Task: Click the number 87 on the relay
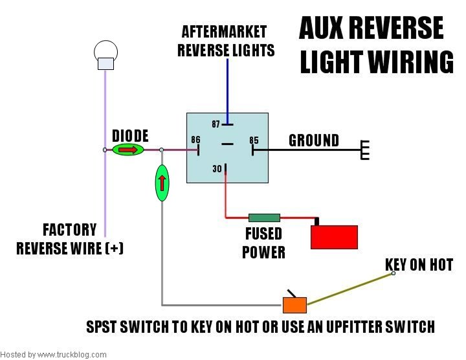coord(217,123)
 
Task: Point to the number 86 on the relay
coord(195,140)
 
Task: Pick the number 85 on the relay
coord(254,140)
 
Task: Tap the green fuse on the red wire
coord(263,218)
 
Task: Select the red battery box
coord(334,236)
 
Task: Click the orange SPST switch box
coord(294,303)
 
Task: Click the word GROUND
coord(314,141)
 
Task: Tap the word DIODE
coord(130,136)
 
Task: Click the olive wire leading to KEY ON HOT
coord(349,288)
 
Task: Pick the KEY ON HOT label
coord(419,265)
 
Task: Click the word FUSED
coord(263,234)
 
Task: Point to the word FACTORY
coord(69,230)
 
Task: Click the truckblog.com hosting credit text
coord(54,355)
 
